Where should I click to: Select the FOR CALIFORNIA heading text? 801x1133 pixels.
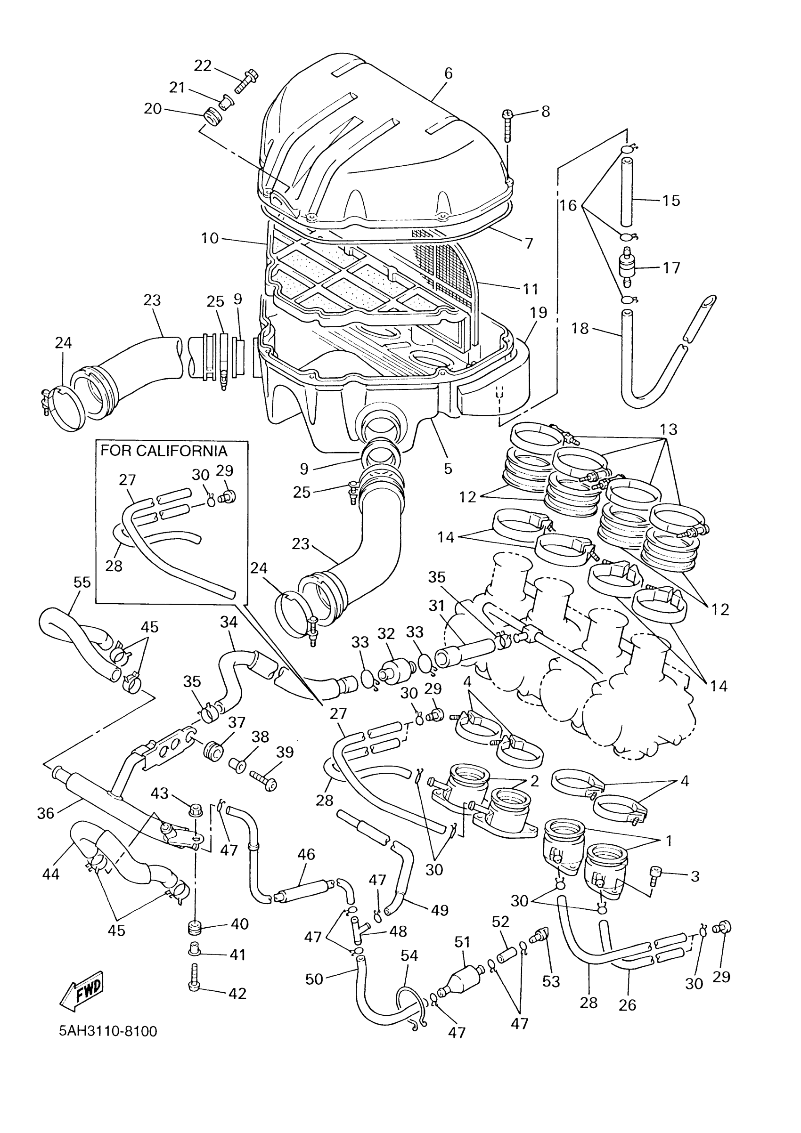coord(164,451)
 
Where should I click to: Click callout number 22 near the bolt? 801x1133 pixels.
coord(203,65)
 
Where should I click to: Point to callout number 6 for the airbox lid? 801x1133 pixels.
coord(448,73)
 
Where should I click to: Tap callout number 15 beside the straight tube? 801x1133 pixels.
coord(671,200)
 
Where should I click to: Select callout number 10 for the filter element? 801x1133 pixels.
coord(209,238)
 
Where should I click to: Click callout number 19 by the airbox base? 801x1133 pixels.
coord(538,312)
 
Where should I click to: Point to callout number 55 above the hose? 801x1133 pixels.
coord(82,583)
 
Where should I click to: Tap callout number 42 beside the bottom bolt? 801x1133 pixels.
coord(237,993)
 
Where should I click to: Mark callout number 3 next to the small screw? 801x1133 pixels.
coord(695,876)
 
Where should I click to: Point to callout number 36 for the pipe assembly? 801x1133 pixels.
coord(45,813)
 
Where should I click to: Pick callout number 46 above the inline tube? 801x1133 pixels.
coord(306,854)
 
